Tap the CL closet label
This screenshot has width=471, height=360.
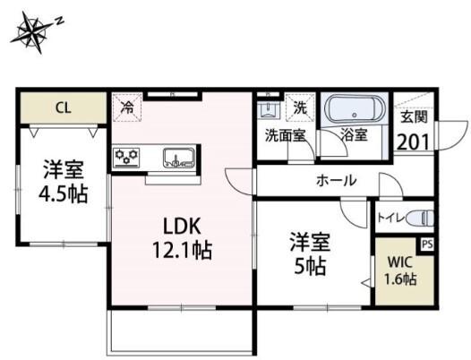[x=63, y=108]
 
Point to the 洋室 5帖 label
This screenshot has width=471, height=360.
[x=308, y=253]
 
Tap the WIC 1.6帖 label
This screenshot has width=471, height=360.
[x=400, y=271]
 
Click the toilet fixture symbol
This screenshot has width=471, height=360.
[x=422, y=218]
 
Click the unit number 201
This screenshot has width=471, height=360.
[x=413, y=141]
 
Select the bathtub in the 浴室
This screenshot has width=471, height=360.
[x=356, y=112]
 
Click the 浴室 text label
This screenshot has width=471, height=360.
[x=354, y=135]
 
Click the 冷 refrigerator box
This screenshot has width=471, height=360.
[x=128, y=107]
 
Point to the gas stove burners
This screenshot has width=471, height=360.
[x=127, y=158]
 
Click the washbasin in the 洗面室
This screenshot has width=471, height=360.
[x=267, y=110]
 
